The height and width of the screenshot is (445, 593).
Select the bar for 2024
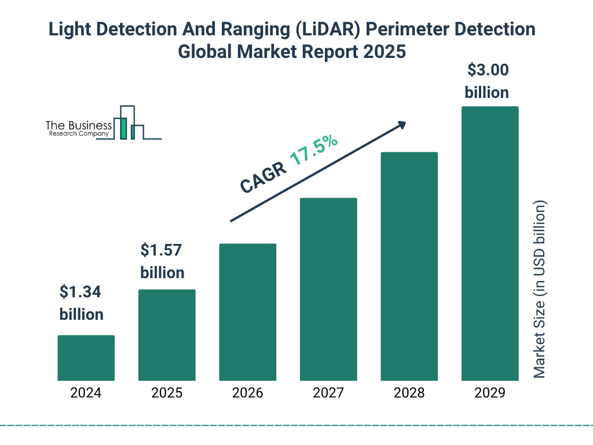tap(86, 358)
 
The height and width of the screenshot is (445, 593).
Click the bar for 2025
tap(167, 335)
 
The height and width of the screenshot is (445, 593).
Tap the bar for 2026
tap(247, 312)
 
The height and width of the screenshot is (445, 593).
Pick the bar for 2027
tap(328, 289)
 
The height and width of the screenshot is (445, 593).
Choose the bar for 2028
tap(409, 266)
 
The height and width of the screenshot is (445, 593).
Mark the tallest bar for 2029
tap(489, 243)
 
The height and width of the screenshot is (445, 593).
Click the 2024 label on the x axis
tap(86, 393)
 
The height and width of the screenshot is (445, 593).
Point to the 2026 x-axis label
tap(247, 393)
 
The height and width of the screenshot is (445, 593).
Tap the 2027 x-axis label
tap(328, 393)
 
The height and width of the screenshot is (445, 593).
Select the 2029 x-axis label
tap(489, 393)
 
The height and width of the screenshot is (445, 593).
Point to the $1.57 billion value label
tap(162, 261)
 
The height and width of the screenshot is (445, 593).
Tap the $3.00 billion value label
tap(487, 81)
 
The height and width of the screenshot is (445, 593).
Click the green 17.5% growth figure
tap(314, 151)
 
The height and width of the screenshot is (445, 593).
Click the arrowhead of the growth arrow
tap(401, 125)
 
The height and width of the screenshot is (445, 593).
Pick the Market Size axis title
tap(540, 290)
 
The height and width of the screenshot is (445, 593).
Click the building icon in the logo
tap(129, 123)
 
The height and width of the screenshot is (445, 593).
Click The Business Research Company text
tap(79, 129)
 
